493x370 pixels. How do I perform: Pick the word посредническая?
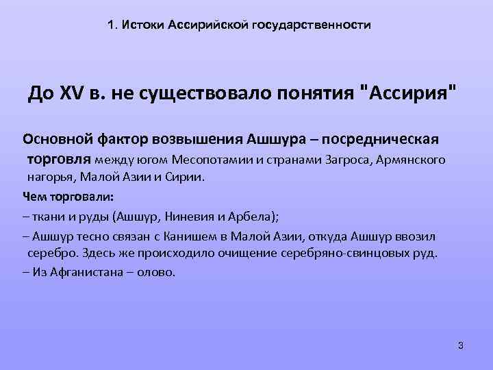[392, 140]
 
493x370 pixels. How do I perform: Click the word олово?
[156, 271]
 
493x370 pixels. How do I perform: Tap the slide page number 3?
[460, 345]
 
